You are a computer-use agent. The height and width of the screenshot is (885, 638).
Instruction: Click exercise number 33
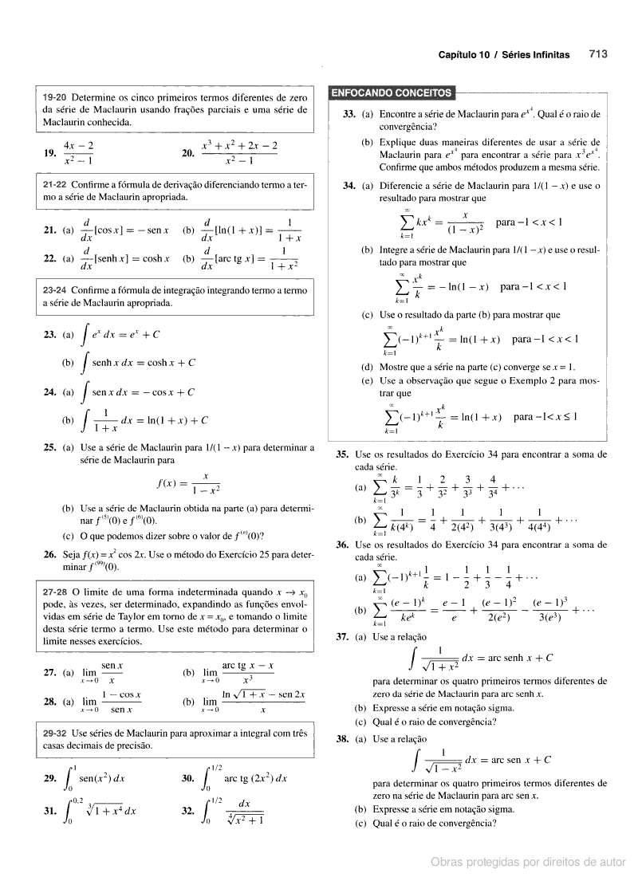pos(349,115)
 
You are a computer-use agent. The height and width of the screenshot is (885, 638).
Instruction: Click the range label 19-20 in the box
pos(55,97)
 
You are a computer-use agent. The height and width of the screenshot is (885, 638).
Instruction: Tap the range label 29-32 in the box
pos(55,733)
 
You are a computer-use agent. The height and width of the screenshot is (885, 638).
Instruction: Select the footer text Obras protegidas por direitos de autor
pos(528,862)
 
